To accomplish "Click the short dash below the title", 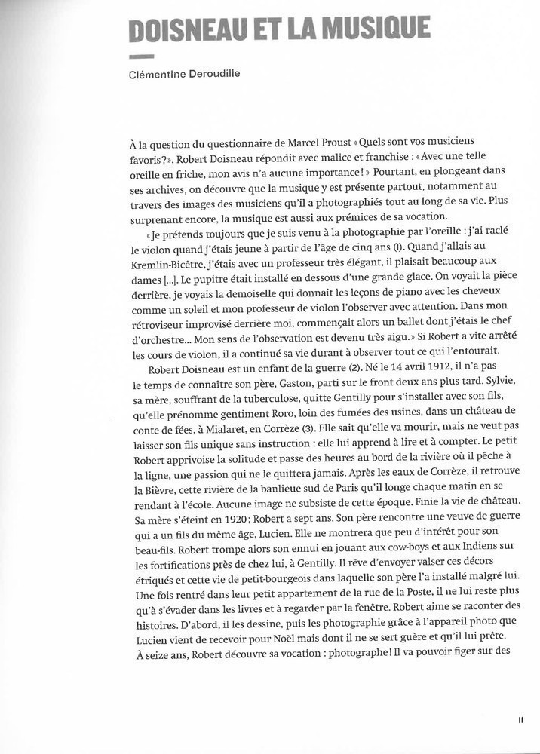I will point(141,57).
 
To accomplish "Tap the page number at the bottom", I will point(520,720).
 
